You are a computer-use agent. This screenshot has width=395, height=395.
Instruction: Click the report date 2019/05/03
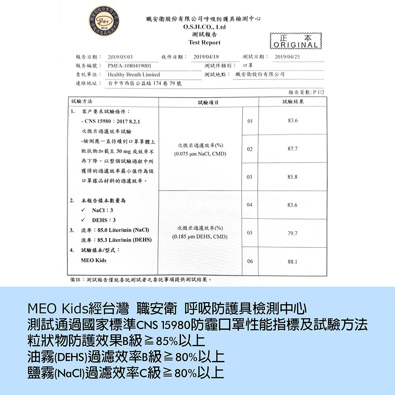pyautogui.click(x=120, y=56)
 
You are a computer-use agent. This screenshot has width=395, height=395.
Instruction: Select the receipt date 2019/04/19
pyautogui.click(x=206, y=56)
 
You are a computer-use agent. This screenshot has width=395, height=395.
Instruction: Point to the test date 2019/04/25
pyautogui.click(x=287, y=56)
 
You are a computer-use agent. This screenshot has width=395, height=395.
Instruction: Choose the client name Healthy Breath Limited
pyautogui.click(x=134, y=75)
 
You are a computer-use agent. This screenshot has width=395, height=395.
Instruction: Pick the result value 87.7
pyautogui.click(x=293, y=149)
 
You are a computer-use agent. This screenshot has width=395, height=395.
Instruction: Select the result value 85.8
pyautogui.click(x=293, y=177)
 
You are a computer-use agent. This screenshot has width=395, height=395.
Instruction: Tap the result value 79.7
pyautogui.click(x=293, y=233)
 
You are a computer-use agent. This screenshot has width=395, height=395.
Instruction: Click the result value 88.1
pyautogui.click(x=293, y=261)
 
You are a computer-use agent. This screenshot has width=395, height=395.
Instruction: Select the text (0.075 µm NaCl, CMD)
pyautogui.click(x=200, y=152)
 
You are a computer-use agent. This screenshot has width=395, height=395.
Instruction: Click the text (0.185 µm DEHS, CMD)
pyautogui.click(x=200, y=237)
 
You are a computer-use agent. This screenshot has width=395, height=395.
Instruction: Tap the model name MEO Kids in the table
pyautogui.click(x=94, y=261)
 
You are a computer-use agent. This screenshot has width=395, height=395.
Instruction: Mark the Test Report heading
pyautogui.click(x=204, y=42)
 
